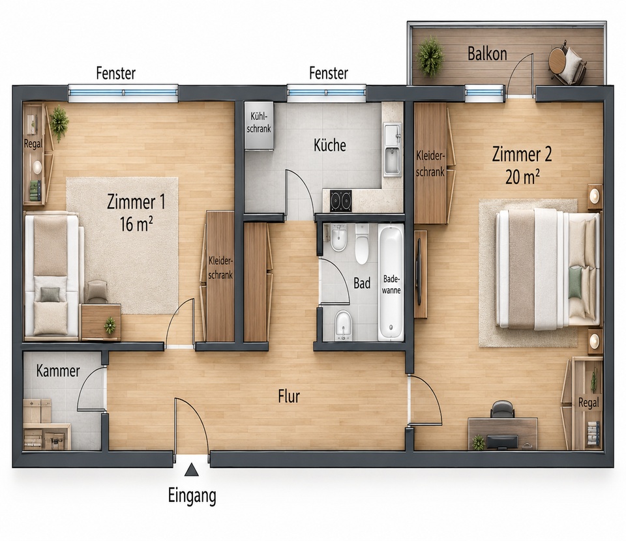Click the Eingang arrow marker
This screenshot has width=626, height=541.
(x=192, y=469)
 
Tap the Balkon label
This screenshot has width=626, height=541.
(x=487, y=54)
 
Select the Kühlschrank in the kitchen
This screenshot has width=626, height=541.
(x=259, y=126)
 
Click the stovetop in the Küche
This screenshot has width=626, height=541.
(x=341, y=201)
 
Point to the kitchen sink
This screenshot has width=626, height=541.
(x=392, y=149)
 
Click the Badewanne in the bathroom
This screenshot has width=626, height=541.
(x=391, y=283)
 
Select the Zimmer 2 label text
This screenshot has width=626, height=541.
(x=522, y=154)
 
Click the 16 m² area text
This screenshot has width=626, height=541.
(x=136, y=224)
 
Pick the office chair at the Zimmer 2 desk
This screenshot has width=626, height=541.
(x=502, y=409)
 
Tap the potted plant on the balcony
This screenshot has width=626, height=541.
(x=430, y=56)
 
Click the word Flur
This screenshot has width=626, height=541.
(x=289, y=396)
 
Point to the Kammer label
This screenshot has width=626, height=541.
(x=58, y=371)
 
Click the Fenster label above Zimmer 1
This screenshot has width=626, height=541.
(x=116, y=74)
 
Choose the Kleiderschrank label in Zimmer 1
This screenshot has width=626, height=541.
(x=220, y=268)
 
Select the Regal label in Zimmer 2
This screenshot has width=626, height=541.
(x=589, y=403)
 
